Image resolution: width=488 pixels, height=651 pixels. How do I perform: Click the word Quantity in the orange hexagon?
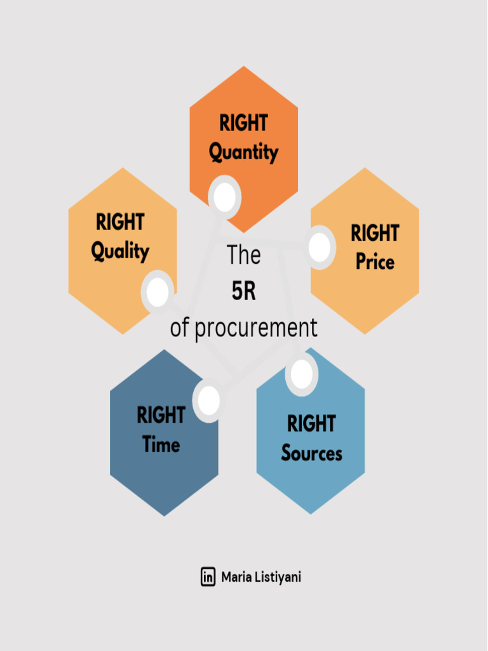pyautogui.click(x=243, y=153)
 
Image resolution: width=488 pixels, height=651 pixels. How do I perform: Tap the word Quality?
pyautogui.click(x=120, y=251)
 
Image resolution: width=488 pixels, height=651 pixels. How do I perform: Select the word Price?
pyautogui.click(x=375, y=261)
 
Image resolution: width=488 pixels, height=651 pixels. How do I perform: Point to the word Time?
pyautogui.click(x=161, y=444)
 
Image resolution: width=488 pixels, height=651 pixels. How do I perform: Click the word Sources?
pyautogui.click(x=311, y=453)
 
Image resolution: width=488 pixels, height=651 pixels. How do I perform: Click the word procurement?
pyautogui.click(x=255, y=328)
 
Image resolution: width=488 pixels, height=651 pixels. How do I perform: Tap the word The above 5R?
pyautogui.click(x=243, y=255)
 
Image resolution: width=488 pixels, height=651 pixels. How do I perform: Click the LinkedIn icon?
pyautogui.click(x=208, y=577)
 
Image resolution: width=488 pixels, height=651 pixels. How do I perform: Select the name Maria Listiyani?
pyautogui.click(x=261, y=577)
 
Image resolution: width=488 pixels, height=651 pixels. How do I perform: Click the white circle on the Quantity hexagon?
pyautogui.click(x=224, y=197)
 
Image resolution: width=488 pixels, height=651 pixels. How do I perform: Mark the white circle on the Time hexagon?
pyautogui.click(x=209, y=401)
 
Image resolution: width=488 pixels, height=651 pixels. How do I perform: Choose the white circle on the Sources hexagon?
pyautogui.click(x=302, y=374)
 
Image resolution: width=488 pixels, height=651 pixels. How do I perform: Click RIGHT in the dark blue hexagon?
pyautogui.click(x=161, y=415)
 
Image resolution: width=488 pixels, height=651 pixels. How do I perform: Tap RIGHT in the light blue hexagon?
pyautogui.click(x=311, y=423)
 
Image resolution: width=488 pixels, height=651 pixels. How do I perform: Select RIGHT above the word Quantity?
pyautogui.click(x=243, y=123)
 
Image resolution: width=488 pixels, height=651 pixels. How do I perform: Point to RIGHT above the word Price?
pyautogui.click(x=375, y=233)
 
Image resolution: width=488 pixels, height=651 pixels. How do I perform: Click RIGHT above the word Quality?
pyautogui.click(x=120, y=223)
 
